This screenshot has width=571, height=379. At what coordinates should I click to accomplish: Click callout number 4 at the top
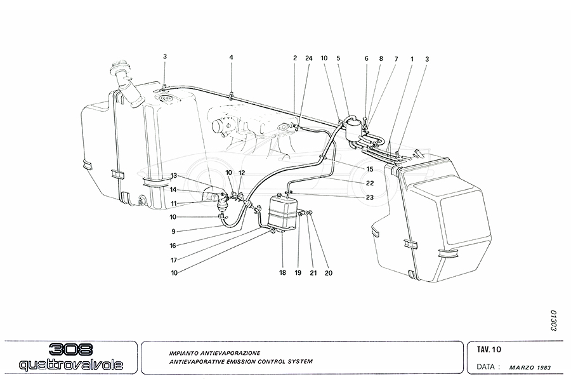point(232,58)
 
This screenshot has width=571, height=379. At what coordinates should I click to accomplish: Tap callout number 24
point(309,58)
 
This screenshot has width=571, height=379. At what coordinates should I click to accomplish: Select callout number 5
point(338,58)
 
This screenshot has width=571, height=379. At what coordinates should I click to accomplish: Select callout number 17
point(173,259)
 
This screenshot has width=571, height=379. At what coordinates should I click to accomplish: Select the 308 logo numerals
point(70,350)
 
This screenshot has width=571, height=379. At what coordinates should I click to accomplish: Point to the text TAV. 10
point(489,349)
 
